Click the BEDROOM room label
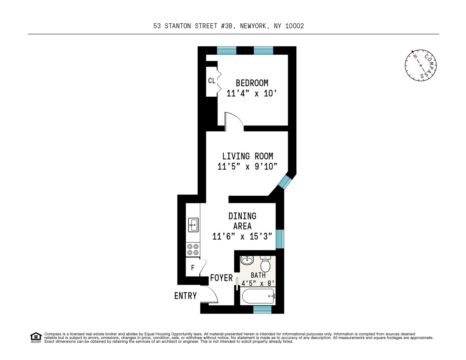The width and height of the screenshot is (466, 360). (252, 83)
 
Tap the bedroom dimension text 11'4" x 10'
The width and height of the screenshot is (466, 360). (253, 94)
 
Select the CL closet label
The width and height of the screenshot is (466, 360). (212, 81)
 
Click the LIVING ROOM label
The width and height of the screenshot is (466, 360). (247, 156)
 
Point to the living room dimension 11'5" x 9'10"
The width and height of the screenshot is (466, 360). (247, 167)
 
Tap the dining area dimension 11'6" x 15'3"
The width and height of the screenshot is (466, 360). (242, 236)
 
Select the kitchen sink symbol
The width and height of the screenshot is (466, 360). (193, 224)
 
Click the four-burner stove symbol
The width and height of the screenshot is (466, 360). (193, 249)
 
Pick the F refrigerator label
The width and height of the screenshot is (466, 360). (192, 268)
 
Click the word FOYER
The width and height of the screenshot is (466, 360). (221, 278)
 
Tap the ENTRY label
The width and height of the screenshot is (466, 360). (185, 296)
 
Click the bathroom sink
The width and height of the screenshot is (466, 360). (247, 260)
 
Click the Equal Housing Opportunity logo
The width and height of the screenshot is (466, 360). (36, 337)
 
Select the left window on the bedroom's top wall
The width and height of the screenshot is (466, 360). (226, 50)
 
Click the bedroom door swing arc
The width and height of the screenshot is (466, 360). (234, 118)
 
